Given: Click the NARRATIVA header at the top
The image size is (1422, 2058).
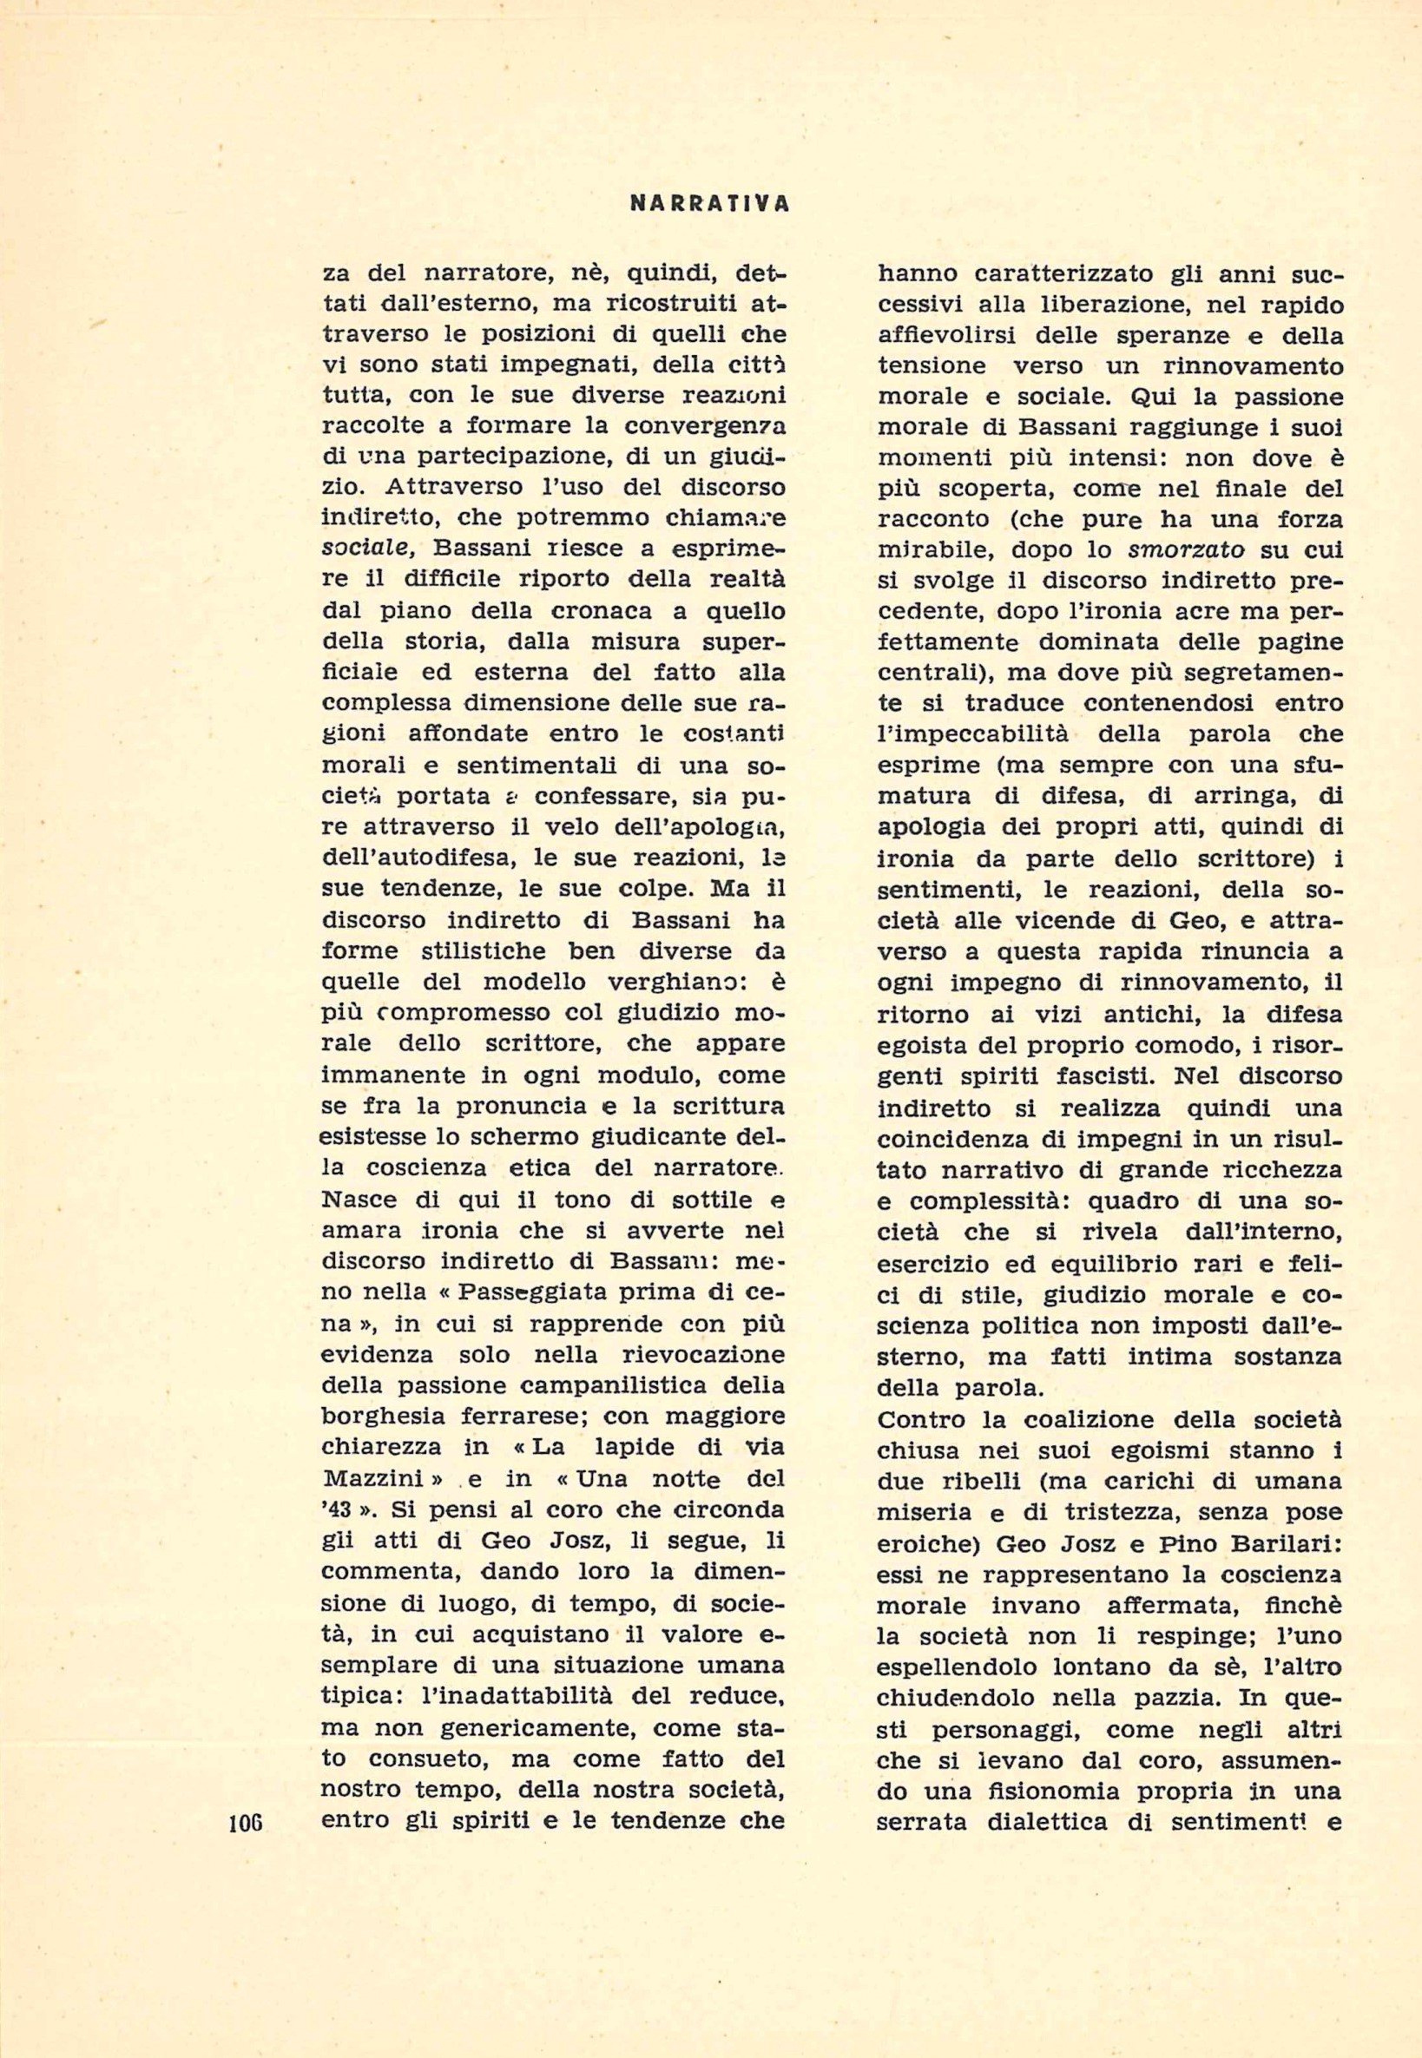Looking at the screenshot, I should (709, 203).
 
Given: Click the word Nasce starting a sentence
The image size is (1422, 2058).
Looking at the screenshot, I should (360, 1200).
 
